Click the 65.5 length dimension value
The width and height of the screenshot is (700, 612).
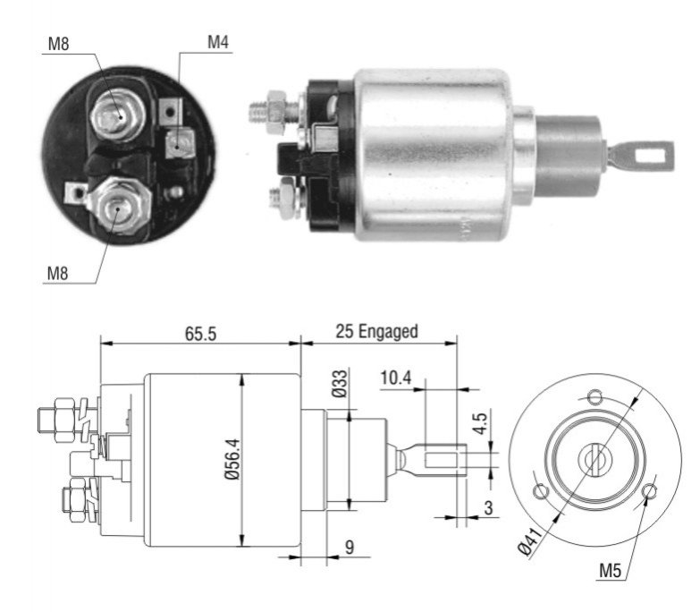200,333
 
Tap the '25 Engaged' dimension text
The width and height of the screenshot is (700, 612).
376,332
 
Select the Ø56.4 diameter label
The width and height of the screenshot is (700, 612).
232,459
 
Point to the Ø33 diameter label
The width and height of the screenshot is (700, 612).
340,384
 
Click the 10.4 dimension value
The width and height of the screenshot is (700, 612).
395,378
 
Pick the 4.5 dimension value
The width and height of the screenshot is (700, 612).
480,423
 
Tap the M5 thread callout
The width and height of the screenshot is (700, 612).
610,571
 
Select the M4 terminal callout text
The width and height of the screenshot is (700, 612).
218,42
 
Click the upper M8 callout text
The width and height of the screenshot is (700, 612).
58,44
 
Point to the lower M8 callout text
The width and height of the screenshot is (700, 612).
57,273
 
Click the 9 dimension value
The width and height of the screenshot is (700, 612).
350,548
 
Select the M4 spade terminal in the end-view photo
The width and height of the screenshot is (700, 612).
180,143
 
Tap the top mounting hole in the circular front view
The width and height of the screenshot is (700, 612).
595,396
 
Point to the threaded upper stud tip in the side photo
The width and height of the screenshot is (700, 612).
258,112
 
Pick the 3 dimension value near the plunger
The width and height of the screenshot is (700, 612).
488,508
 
